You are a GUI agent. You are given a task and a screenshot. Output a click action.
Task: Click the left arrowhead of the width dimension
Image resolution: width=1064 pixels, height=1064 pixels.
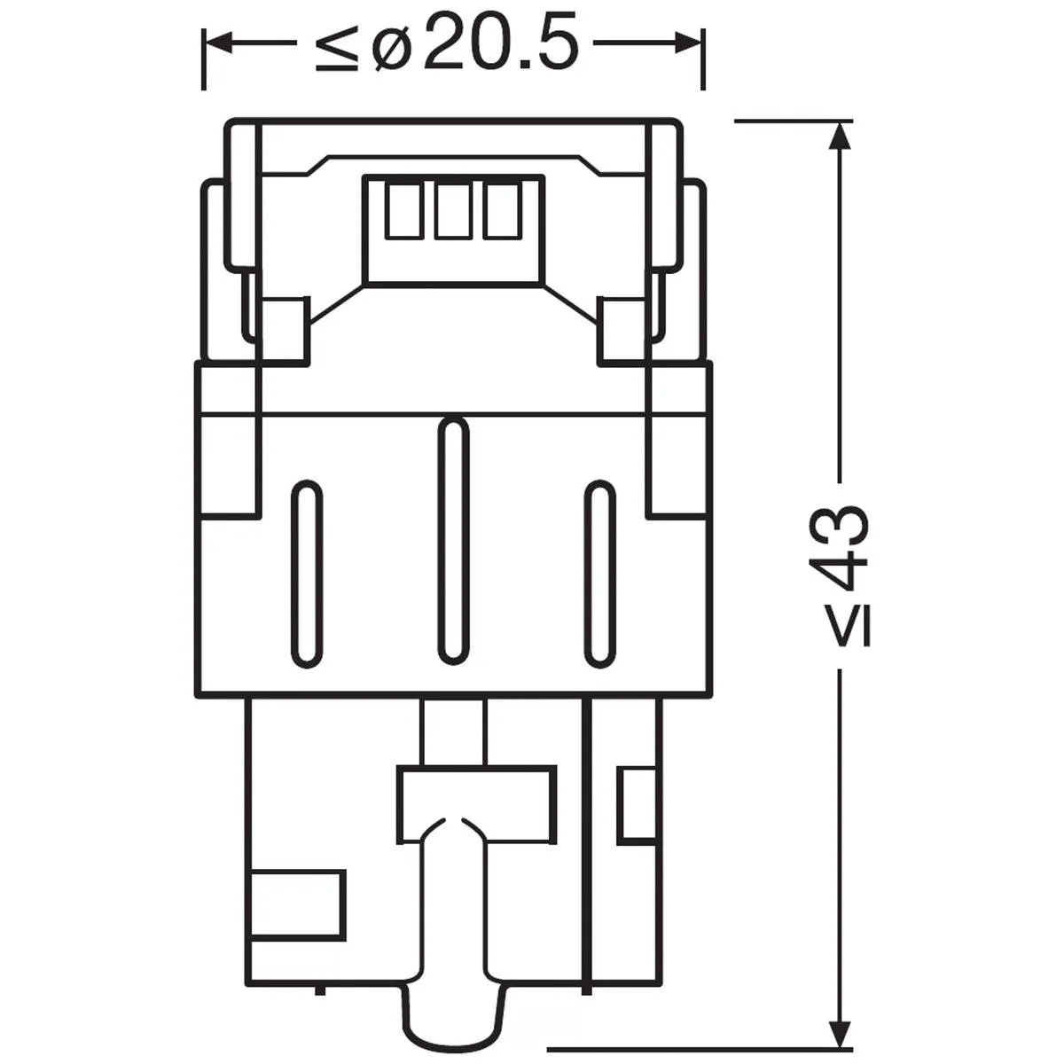tap(217, 43)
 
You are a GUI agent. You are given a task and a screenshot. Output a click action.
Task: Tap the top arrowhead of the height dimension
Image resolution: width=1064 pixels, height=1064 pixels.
tap(841, 135)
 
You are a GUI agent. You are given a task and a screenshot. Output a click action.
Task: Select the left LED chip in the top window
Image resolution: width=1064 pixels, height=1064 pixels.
tap(403, 210)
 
